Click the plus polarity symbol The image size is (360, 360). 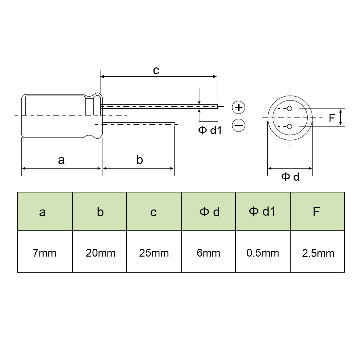point(239,107)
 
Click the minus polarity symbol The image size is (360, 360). point(239,125)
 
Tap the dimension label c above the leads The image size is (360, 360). point(156,70)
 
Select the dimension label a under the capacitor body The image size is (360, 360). point(61,160)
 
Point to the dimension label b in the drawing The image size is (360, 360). point(139,160)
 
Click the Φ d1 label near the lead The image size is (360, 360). point(210,130)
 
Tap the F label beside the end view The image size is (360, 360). point(332,118)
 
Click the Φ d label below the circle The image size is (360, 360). point(290,177)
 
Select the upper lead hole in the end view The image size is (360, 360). point(289,109)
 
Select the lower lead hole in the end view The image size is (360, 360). point(289,126)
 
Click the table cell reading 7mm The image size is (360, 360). point(45,253)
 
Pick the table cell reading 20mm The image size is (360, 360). point(100,253)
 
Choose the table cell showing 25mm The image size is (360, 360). point(154,253)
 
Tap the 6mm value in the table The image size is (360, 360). point(208,253)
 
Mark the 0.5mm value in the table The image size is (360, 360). point(262,253)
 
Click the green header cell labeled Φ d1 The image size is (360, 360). point(262,211)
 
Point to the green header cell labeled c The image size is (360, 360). point(154,212)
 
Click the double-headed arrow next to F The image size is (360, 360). point(341,117)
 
